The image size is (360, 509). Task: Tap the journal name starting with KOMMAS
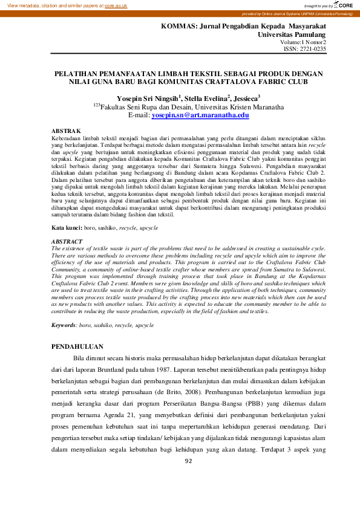pyautogui.click(x=243, y=27)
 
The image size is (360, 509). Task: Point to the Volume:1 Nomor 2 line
pyautogui.click(x=303, y=43)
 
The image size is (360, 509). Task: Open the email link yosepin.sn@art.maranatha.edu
pyautogui.click(x=200, y=114)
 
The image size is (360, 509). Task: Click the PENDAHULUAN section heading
pyautogui.click(x=77, y=347)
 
